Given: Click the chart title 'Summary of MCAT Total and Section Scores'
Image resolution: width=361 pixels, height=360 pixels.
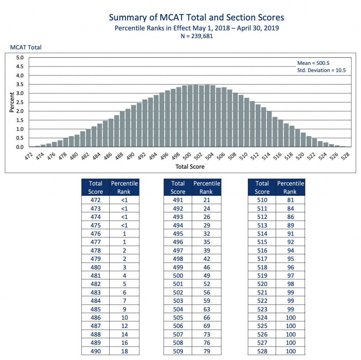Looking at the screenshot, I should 197,18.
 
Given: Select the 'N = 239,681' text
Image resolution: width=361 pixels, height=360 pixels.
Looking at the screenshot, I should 197,36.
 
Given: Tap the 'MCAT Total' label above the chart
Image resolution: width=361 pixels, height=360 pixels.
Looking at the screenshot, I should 26,47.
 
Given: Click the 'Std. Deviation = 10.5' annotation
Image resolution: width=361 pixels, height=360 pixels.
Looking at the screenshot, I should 322,70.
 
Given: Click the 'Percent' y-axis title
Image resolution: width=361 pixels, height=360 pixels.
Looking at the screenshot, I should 11,102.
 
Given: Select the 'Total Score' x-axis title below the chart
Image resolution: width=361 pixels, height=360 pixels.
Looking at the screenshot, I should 190,166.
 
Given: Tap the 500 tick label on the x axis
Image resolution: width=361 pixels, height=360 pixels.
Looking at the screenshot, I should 188,155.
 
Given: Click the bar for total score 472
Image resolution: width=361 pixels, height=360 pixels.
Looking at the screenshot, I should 32,146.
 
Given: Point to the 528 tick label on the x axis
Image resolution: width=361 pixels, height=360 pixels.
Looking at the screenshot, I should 345,155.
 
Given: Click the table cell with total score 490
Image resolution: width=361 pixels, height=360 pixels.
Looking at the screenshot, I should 95,351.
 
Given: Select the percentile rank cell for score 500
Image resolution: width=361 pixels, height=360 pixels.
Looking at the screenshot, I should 207,276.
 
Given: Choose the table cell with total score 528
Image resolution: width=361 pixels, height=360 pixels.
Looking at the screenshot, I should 262,351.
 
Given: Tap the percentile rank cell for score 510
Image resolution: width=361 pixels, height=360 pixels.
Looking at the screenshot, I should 290,200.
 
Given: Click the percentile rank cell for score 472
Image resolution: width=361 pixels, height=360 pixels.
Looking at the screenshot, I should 124,200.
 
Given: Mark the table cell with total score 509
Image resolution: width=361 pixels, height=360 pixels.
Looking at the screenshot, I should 178,351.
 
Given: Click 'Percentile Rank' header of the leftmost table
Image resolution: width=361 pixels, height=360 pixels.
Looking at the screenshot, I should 124,188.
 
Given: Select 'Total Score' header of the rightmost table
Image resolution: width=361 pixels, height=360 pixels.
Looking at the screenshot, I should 262,188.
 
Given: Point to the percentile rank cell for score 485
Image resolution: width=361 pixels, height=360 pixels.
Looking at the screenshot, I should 124,309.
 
